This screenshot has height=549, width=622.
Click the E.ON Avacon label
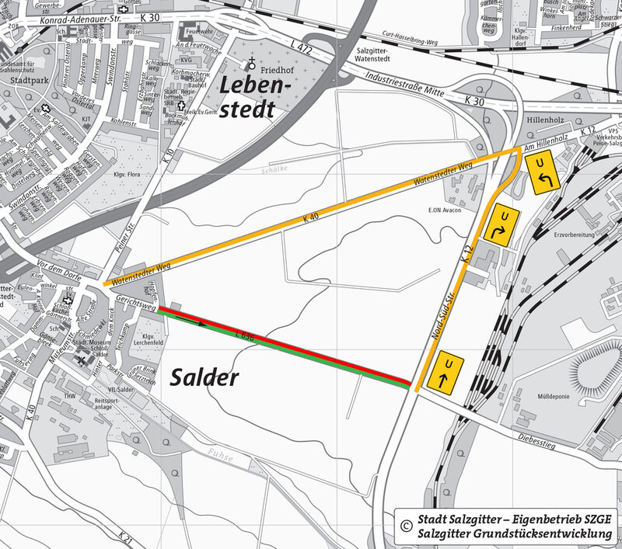[x=444, y=210]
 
